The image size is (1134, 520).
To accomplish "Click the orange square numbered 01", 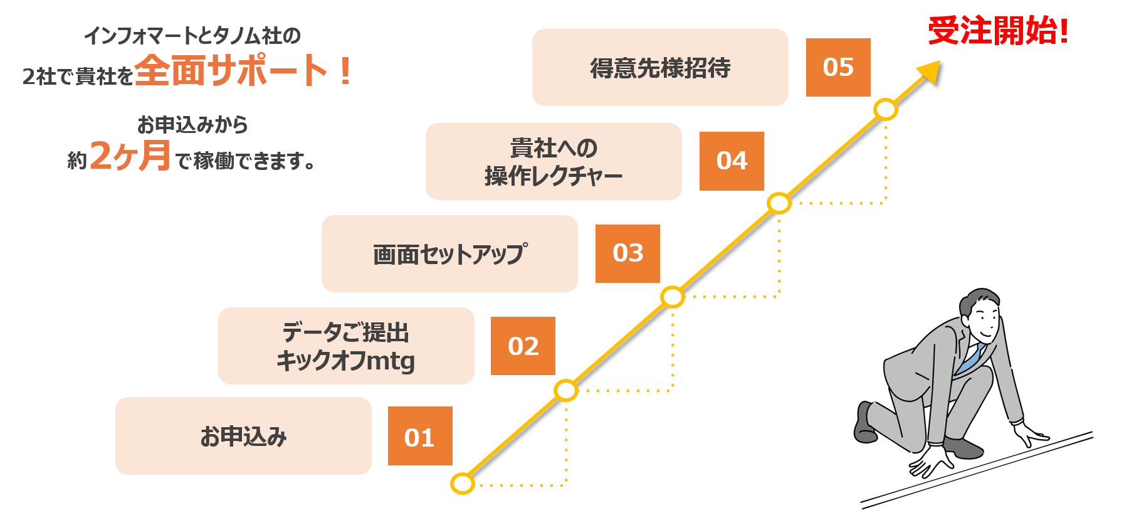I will [419, 436].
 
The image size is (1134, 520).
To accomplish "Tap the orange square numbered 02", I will [523, 346].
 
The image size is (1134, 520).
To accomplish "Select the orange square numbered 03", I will [627, 253].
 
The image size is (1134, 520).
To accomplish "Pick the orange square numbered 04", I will [732, 161].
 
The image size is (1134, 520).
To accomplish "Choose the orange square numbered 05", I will [838, 67].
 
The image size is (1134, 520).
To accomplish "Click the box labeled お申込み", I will [243, 436].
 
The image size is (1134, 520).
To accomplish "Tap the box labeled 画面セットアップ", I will [449, 253].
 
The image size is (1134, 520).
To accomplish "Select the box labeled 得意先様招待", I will [660, 67].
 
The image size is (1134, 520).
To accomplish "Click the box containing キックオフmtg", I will [346, 346].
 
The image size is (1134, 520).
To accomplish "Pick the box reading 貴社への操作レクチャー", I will [554, 161].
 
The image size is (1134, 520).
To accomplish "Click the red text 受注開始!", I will [998, 31].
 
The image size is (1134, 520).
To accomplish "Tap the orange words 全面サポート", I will [232, 70].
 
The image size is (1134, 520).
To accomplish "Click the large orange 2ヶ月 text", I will [130, 156].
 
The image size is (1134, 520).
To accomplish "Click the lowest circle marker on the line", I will [463, 484].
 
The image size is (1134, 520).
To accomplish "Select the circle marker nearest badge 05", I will [885, 110].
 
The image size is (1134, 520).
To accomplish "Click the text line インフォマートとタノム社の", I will [192, 36].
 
